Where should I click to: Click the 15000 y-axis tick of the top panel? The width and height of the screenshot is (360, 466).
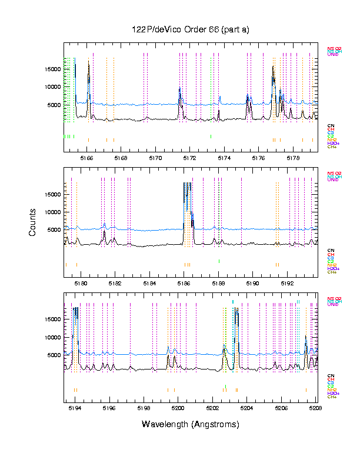pos(53,69)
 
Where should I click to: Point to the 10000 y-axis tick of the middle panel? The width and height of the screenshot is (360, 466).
pos(53,212)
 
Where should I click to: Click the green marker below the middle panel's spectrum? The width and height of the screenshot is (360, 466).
pos(219,261)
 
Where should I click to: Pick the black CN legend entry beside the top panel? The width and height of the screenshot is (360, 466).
pos(331,125)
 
